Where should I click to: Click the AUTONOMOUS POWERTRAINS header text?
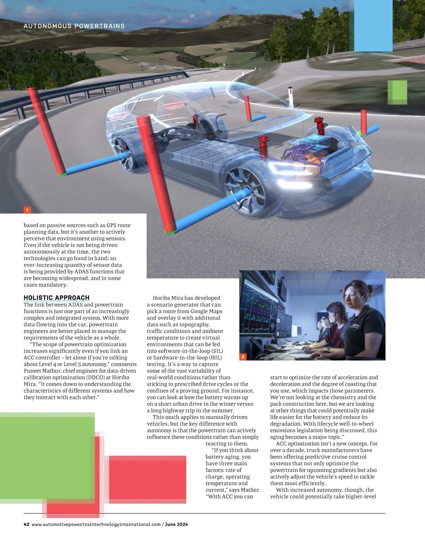74,26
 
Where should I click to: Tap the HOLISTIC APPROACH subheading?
56,298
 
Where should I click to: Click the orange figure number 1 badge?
27,210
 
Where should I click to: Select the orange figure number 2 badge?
243,357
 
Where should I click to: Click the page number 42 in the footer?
26,524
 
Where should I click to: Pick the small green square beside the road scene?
397,92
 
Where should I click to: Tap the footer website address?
96,524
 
